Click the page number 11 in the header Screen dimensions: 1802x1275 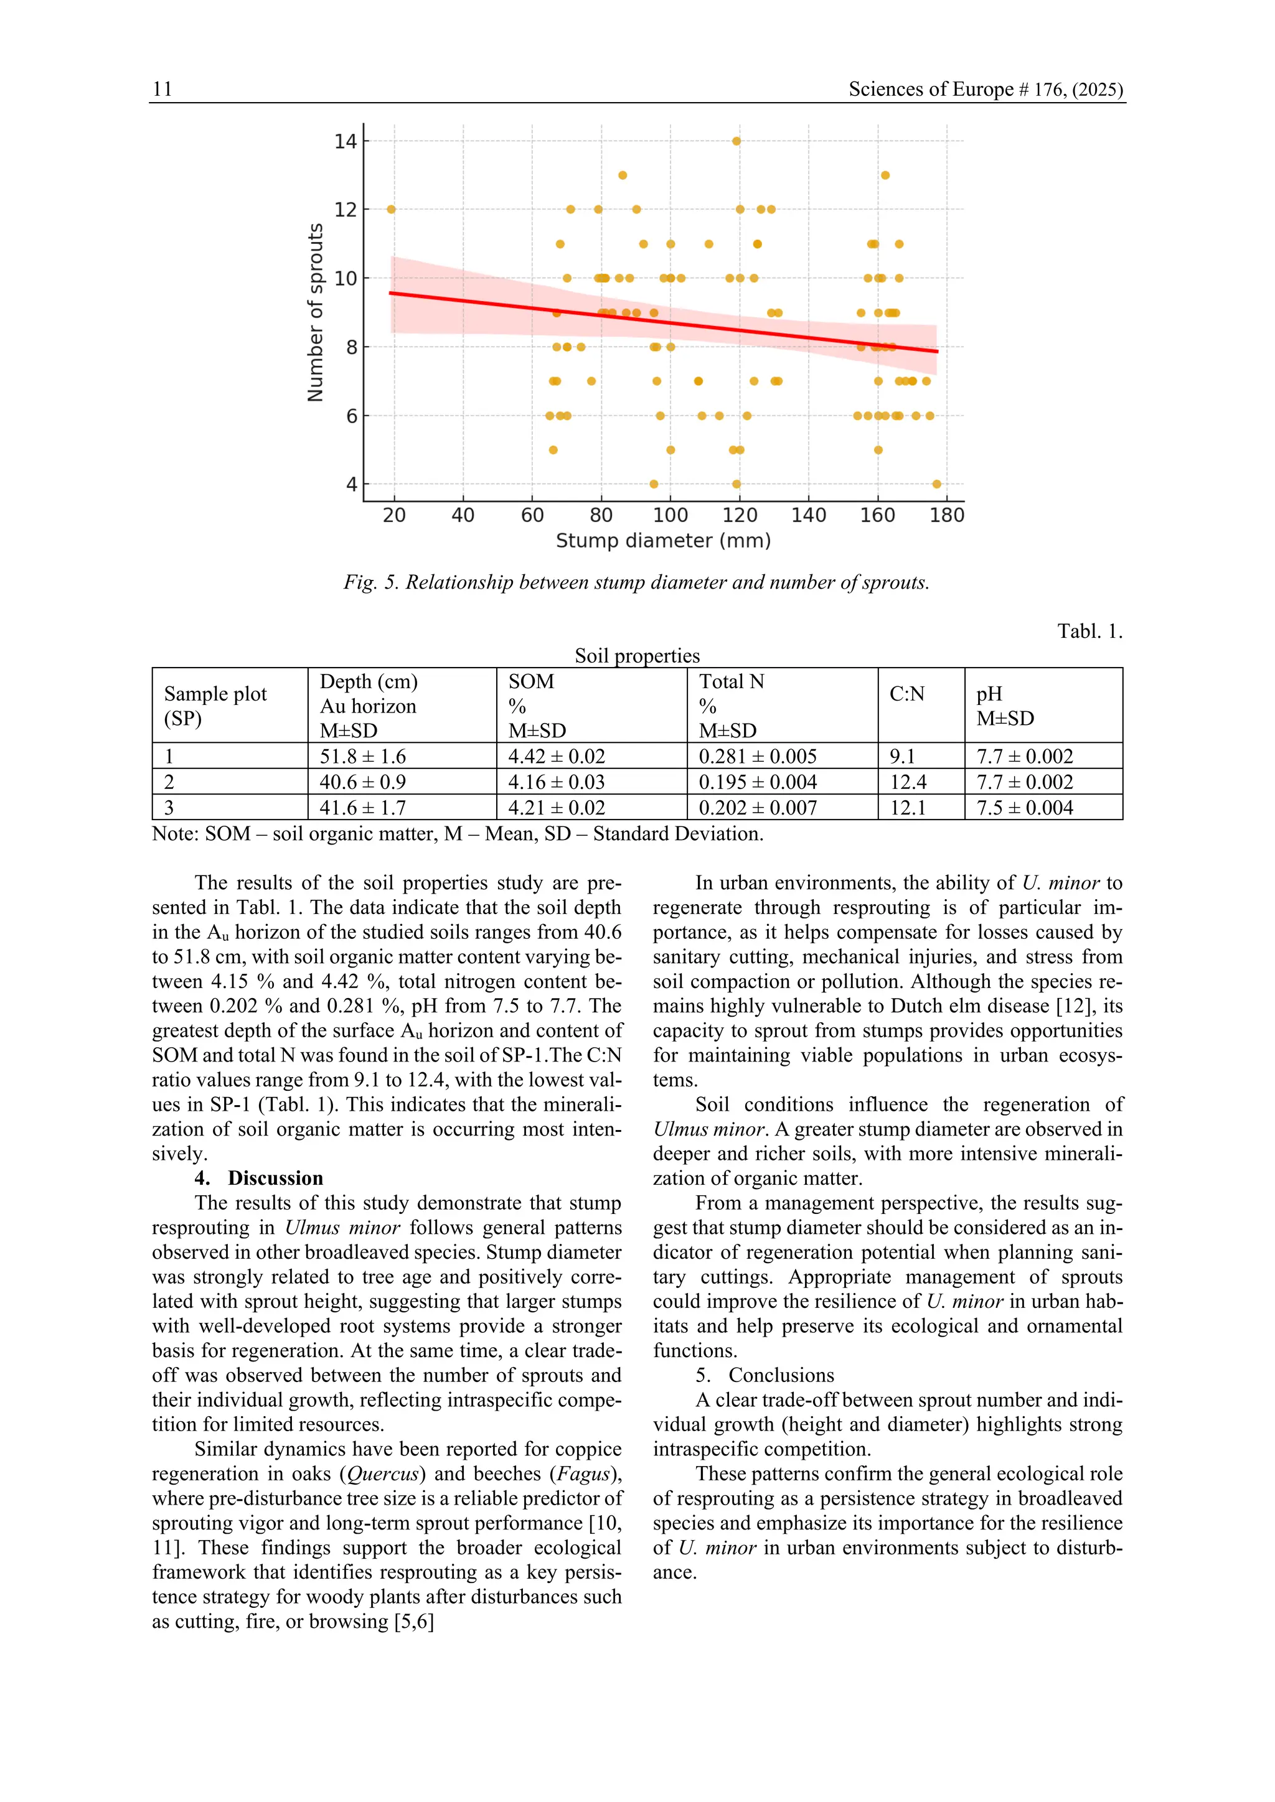162,90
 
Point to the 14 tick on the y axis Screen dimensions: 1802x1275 346,141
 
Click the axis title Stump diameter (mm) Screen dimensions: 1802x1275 664,541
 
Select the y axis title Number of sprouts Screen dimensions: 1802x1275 316,312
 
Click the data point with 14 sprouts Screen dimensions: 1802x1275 736,141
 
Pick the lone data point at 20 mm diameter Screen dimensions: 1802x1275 391,210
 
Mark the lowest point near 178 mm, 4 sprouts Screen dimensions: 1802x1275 936,484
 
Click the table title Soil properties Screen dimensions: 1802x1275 637,655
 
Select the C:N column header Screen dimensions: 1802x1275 907,694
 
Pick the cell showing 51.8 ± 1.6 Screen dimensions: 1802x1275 363,757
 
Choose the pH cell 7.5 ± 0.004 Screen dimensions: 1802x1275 1025,808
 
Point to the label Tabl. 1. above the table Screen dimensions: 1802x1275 1089,631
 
